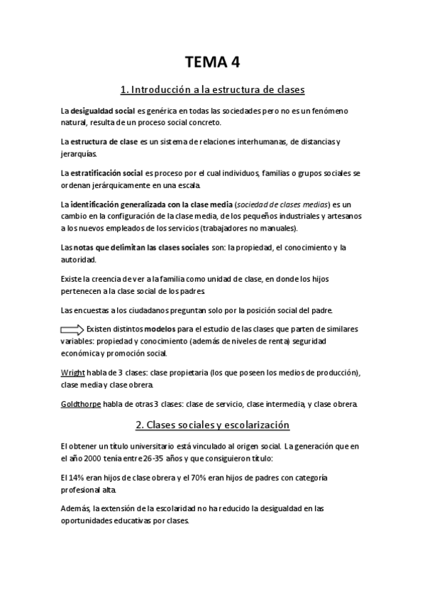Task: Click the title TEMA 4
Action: (212, 62)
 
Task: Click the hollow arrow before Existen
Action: (72, 329)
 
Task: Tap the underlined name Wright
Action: (73, 373)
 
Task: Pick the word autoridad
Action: (79, 260)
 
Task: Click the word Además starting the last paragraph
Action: (76, 509)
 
